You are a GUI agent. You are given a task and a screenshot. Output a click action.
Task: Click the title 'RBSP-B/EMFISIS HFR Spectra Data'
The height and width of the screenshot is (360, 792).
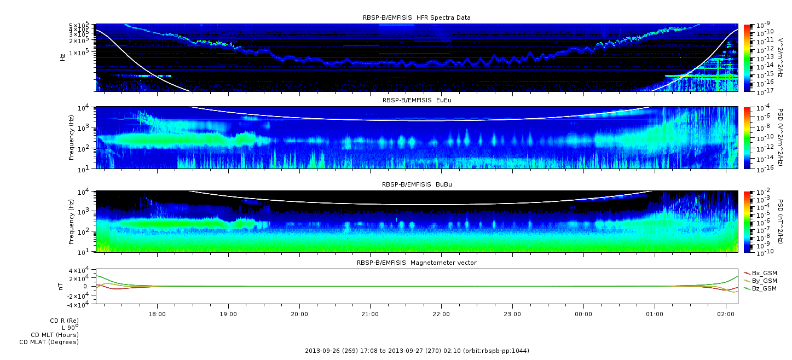pos(417,18)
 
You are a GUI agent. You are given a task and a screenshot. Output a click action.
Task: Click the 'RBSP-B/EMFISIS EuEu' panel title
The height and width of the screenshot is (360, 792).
pos(417,100)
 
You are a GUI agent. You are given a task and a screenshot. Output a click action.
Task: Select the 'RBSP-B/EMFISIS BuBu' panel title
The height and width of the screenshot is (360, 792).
pos(417,184)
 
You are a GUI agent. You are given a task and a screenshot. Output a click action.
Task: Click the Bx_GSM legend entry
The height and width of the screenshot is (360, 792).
pos(761,273)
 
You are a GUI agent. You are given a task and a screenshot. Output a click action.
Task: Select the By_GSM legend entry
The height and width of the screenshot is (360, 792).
pos(761,281)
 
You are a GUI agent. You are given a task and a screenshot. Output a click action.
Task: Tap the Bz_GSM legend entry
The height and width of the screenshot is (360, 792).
pos(761,288)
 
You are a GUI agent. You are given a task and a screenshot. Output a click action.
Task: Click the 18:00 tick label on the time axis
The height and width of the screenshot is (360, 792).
pos(157,314)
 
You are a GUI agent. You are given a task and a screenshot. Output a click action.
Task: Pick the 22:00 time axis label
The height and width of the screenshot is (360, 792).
pos(441,314)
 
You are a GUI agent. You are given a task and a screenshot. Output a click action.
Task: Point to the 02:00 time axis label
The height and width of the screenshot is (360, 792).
pos(726,314)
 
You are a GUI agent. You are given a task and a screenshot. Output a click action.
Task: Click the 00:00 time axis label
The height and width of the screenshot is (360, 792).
pos(583,314)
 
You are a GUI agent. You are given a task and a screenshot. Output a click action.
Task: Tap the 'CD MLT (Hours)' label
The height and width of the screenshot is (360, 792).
pos(55,335)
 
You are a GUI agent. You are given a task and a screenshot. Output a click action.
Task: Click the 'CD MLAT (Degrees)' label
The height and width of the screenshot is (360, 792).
pos(49,342)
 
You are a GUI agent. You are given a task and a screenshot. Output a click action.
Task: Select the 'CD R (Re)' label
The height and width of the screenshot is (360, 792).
pos(65,321)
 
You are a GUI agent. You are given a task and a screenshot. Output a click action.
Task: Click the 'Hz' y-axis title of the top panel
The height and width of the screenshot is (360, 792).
pos(62,57)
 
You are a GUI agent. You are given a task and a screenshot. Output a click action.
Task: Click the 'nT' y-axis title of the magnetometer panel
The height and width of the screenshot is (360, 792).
pos(60,286)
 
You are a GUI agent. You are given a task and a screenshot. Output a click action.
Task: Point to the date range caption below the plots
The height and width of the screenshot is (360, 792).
pos(417,351)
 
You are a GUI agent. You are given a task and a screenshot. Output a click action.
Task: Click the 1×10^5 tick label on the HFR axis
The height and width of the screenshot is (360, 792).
pos(80,53)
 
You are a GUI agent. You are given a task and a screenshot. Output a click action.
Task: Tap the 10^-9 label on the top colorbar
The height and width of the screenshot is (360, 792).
pos(763,25)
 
